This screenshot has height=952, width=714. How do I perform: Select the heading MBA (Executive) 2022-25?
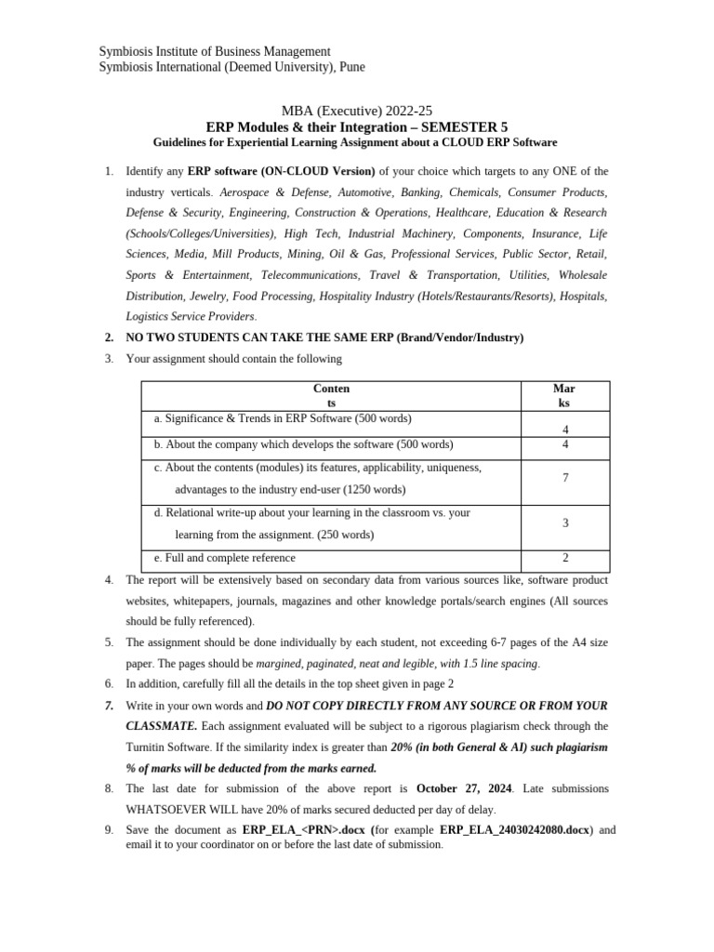coord(356,111)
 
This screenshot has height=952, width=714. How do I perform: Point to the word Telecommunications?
coord(310,275)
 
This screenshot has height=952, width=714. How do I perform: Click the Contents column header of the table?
coord(331,396)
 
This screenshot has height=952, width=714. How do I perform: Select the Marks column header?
coord(564,396)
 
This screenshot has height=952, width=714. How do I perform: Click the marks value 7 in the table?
coord(565,478)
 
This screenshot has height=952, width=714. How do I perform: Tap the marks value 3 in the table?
coord(565,523)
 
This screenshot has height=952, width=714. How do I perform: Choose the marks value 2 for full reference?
coord(565,558)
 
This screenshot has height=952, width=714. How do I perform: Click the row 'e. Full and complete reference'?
coord(224,558)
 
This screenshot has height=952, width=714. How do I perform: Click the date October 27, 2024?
coord(464,788)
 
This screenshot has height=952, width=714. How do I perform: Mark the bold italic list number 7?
coord(109,706)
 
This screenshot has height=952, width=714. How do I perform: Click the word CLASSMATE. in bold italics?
coord(161,726)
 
